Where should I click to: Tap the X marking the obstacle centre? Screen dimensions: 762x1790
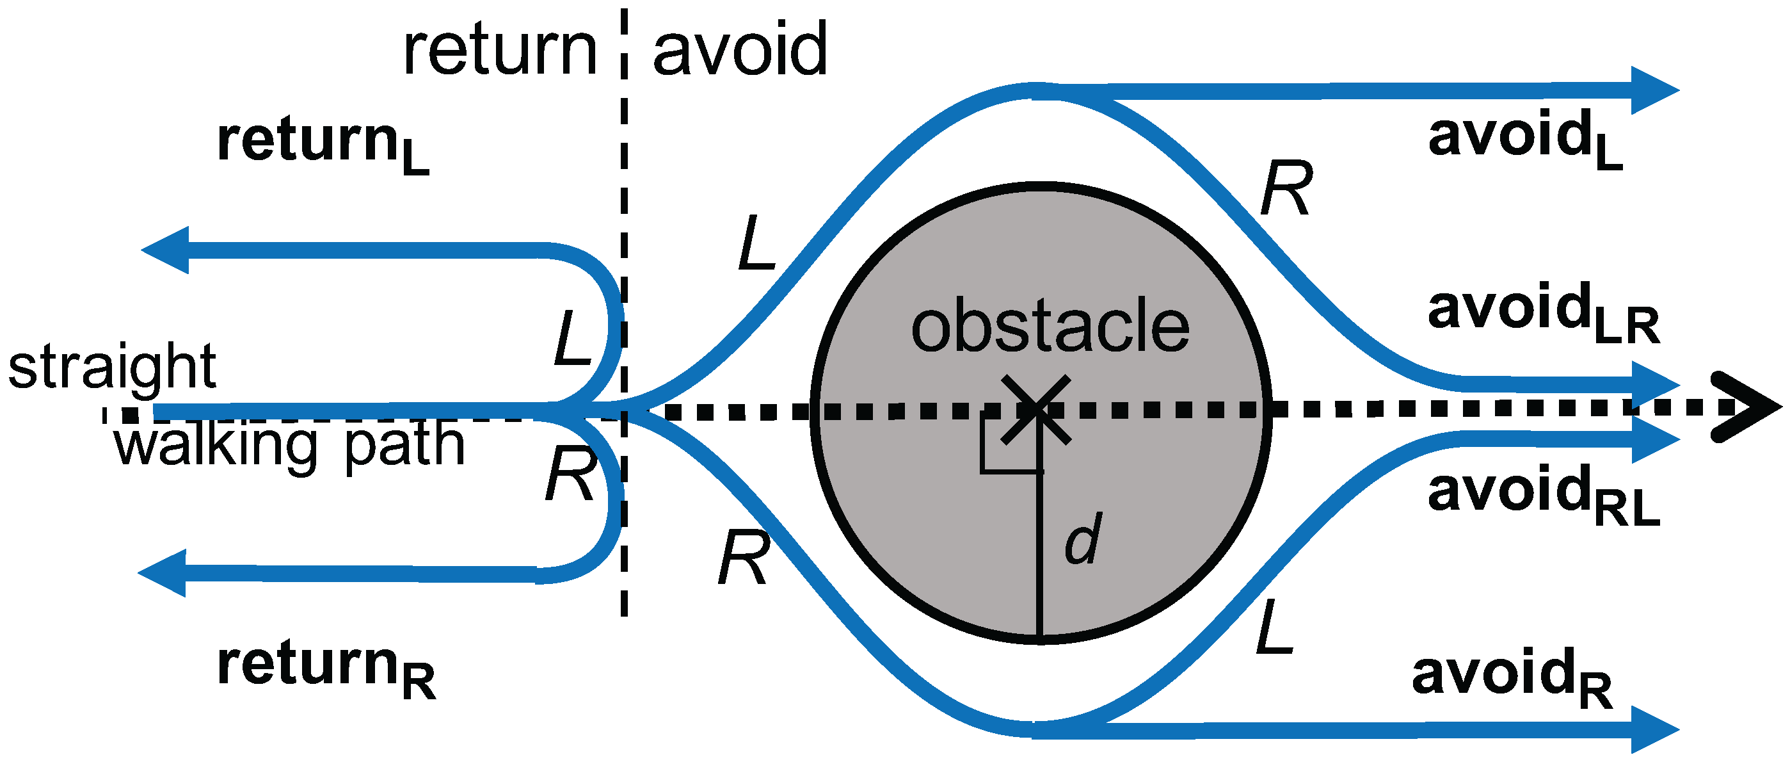point(1036,410)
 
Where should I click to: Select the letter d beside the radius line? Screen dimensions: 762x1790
point(1083,539)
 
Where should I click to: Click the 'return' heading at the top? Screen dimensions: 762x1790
point(500,50)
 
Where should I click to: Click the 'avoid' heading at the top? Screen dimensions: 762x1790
point(740,50)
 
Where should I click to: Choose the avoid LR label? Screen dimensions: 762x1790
point(1542,313)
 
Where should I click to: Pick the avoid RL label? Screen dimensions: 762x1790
point(1542,495)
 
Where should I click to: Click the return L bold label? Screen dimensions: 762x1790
point(323,145)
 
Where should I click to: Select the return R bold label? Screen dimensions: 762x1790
point(326,669)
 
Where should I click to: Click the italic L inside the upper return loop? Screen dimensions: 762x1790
point(571,339)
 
